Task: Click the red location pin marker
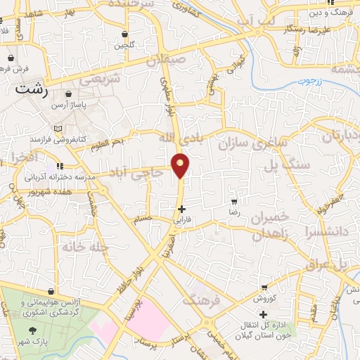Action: click(181, 166)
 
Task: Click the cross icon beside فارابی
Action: click(182, 209)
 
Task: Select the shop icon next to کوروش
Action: click(264, 288)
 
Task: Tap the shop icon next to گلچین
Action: click(124, 34)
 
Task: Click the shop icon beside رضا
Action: click(234, 201)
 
